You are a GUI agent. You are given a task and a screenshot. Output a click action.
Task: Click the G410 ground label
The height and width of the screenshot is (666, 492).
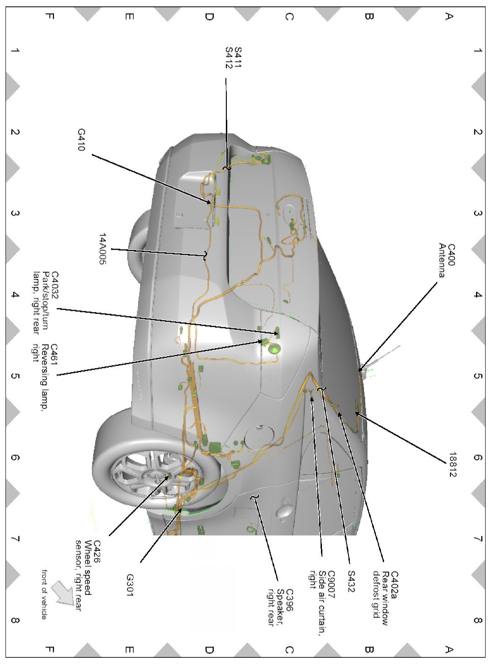[81, 140]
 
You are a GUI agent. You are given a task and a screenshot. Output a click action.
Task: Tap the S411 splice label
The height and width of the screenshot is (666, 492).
[237, 58]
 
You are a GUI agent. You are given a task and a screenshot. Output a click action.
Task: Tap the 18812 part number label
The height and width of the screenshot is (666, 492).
[452, 465]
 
